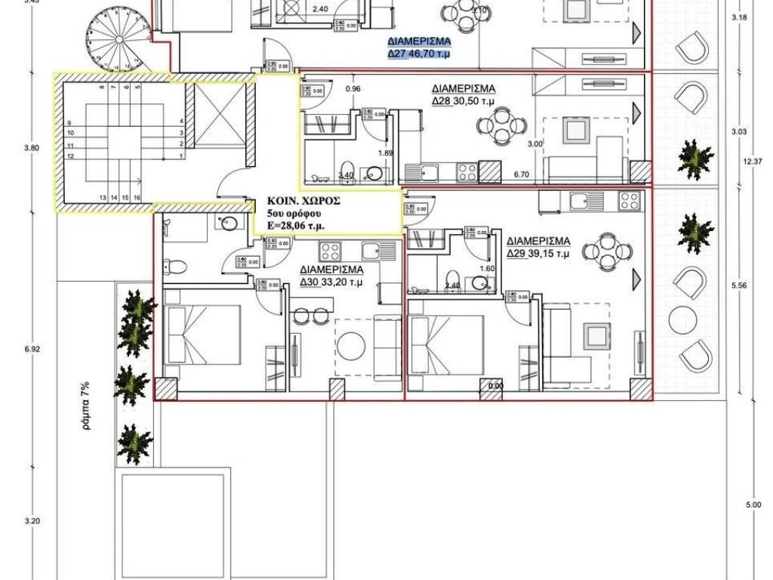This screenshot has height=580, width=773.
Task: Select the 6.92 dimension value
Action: (x=32, y=349)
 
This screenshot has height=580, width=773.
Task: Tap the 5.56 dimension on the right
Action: (x=740, y=286)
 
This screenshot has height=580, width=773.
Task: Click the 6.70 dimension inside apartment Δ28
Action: (x=520, y=174)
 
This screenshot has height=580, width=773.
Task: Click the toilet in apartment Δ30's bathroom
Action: (x=174, y=265)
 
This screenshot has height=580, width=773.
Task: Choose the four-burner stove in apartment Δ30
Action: (x=331, y=251)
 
